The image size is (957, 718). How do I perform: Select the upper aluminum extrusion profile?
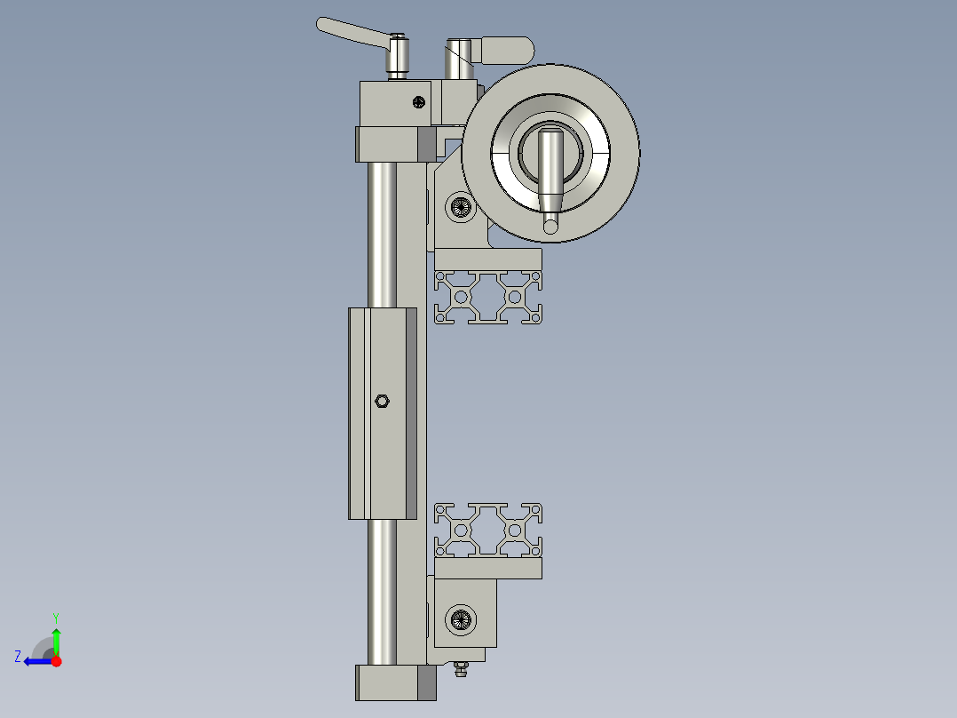488,297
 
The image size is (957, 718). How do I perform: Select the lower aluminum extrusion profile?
488,530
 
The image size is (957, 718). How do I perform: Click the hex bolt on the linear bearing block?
382,401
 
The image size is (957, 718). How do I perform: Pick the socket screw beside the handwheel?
461,208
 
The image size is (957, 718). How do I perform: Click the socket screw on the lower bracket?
461,618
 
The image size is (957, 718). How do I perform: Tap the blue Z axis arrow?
34,661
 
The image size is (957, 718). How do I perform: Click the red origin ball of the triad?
56,661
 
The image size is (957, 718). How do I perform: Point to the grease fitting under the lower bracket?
460,668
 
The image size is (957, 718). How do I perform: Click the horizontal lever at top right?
504,49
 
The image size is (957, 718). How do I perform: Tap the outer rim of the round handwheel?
621,151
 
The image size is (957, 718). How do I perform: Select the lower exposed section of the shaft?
383,591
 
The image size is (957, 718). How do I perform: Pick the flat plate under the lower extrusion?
487,569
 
